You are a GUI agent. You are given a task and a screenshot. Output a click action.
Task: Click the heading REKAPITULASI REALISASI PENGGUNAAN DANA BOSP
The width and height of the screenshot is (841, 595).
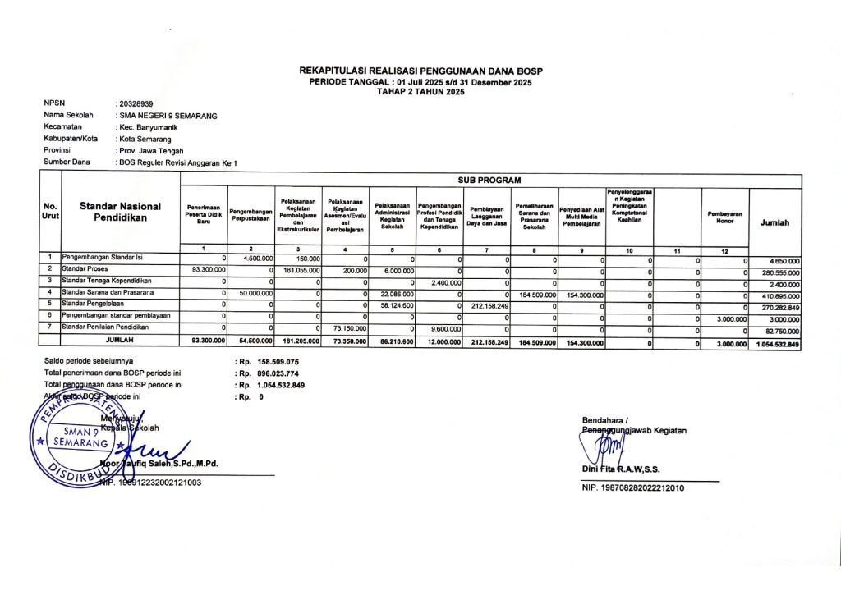(420, 71)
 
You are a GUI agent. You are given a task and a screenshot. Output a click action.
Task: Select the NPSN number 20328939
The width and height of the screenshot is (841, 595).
(136, 104)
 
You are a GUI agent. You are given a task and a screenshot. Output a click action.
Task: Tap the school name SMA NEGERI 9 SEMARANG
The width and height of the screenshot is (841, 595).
(168, 116)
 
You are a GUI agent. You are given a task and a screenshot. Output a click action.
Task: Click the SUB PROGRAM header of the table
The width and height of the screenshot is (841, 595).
(489, 180)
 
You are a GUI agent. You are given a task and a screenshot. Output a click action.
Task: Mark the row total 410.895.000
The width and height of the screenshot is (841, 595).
(778, 295)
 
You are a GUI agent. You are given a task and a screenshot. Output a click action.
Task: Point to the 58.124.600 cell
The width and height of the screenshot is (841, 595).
(393, 304)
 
